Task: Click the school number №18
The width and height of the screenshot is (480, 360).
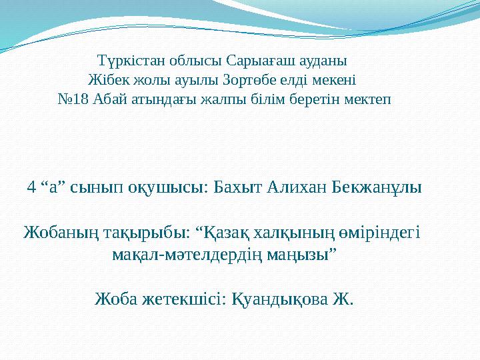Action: [74, 99]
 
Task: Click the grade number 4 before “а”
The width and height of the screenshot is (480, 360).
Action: [31, 187]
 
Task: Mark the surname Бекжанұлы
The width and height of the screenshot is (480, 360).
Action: [377, 187]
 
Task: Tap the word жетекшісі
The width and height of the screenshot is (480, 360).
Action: [184, 299]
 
